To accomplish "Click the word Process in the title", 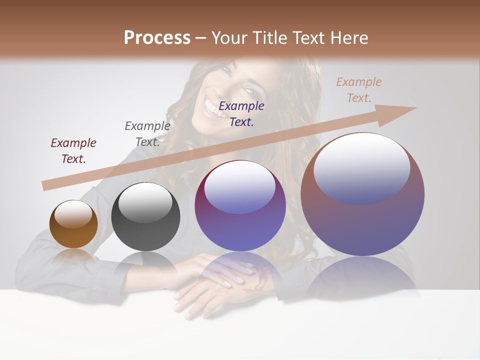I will [157, 37].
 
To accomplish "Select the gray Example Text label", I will [147, 134].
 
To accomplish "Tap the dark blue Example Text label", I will [241, 113].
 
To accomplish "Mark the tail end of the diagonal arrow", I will [45, 185].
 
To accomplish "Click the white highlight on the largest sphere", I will [361, 167].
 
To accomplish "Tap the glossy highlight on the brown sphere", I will [73, 213].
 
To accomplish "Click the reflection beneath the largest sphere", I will [362, 277].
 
